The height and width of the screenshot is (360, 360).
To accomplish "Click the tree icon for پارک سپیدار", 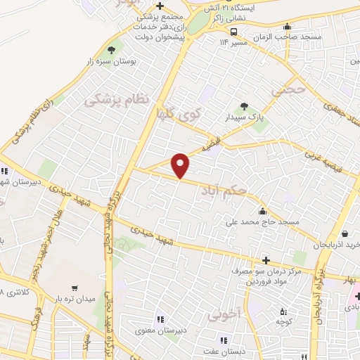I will click(x=244, y=106).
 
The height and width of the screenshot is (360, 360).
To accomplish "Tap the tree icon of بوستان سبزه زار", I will click(x=110, y=50).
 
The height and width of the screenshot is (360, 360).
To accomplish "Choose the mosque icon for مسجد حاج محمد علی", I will click(x=263, y=211).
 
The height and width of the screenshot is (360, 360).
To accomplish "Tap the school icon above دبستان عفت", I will click(x=224, y=340).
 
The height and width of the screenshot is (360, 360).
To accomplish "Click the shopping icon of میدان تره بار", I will click(x=74, y=288).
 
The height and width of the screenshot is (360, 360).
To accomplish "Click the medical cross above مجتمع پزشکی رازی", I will click(x=161, y=5).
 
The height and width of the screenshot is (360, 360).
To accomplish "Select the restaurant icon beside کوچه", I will click(x=283, y=311).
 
